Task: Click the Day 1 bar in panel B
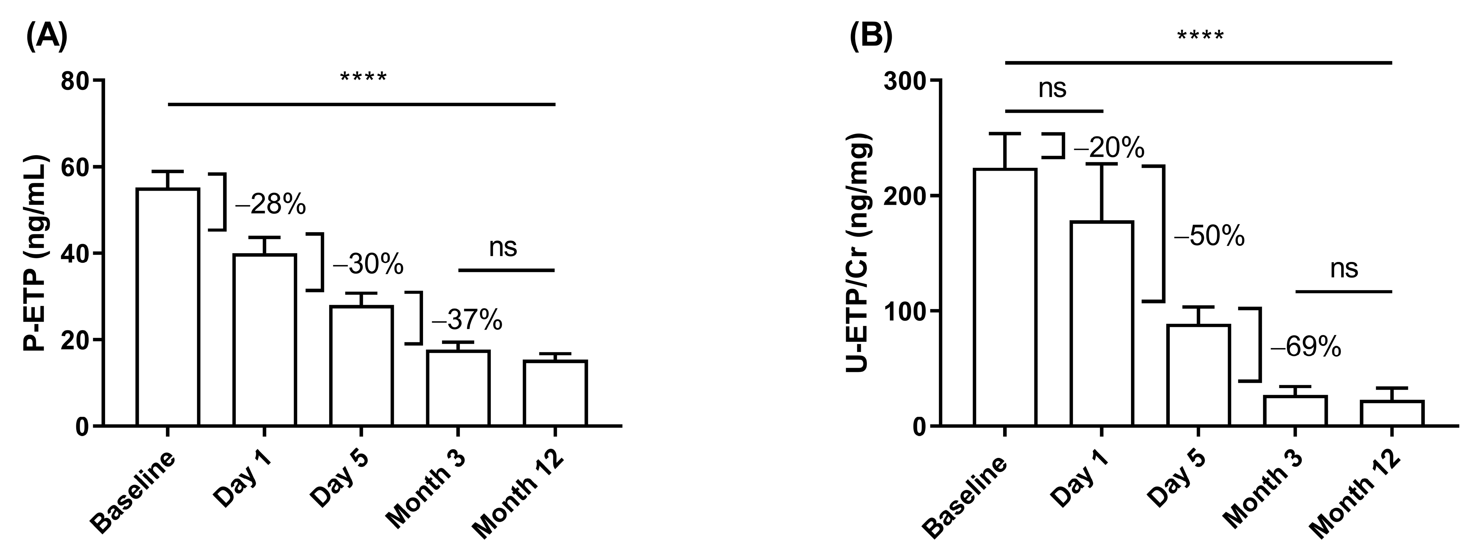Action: point(1102,323)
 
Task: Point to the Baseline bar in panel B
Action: point(1005,297)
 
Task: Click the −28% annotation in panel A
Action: point(270,205)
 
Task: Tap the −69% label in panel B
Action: point(1306,347)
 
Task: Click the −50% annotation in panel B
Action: point(1209,236)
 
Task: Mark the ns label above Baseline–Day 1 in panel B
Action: point(1052,89)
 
